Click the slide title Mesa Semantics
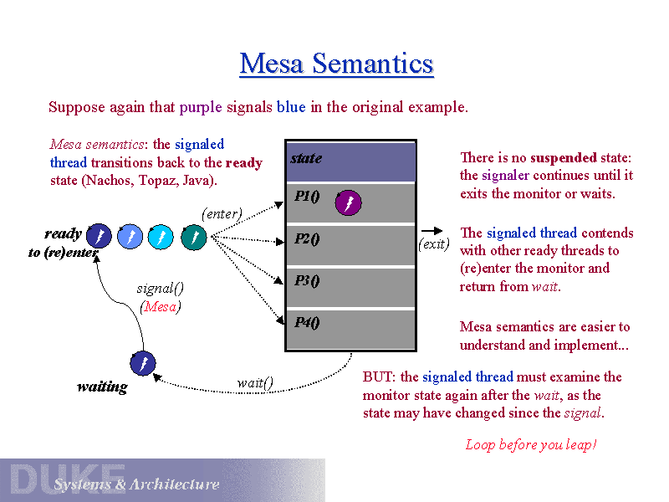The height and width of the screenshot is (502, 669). coord(336,64)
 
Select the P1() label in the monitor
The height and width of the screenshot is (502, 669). coord(307,197)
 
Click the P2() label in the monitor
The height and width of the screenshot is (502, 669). coord(307,238)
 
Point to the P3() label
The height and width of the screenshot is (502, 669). coord(307,280)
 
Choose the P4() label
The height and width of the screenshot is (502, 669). coord(307,322)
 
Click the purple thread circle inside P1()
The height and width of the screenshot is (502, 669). coord(348,203)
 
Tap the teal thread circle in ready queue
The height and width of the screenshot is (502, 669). coord(193,237)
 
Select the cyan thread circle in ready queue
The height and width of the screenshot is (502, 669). coord(161,237)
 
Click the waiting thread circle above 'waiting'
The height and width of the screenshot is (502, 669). coord(143,364)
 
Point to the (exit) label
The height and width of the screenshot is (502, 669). coord(434,244)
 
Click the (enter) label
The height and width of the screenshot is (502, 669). coord(222,213)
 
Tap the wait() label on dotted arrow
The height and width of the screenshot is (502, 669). coord(255,383)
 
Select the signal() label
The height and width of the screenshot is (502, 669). coord(161,289)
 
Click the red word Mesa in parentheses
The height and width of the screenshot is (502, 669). coord(161,306)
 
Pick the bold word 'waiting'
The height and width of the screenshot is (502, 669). coord(102,387)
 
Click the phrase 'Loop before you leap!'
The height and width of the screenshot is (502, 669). coord(531,444)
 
